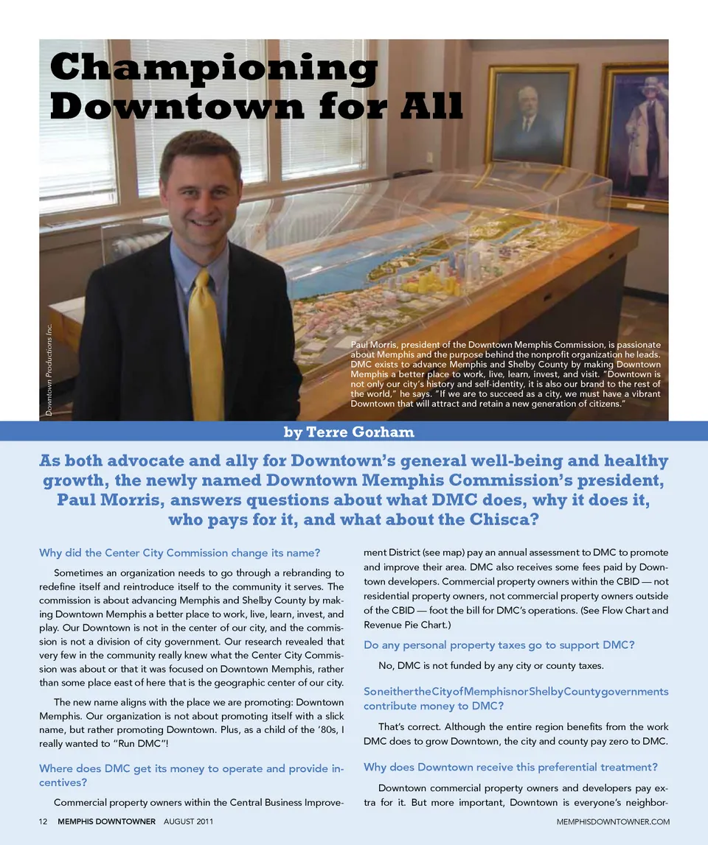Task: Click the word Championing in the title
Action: (x=214, y=69)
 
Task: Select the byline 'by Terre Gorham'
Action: (x=350, y=432)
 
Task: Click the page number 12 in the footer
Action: (x=43, y=821)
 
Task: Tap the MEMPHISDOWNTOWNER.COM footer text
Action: (x=613, y=821)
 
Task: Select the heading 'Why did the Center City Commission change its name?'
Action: (x=180, y=553)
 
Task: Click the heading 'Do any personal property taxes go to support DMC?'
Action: (x=499, y=645)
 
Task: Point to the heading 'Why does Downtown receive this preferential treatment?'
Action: (x=510, y=767)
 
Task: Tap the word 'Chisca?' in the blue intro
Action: (x=502, y=520)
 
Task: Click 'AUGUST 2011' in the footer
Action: (x=188, y=821)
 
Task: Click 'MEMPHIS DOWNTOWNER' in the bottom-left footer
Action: (x=106, y=821)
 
